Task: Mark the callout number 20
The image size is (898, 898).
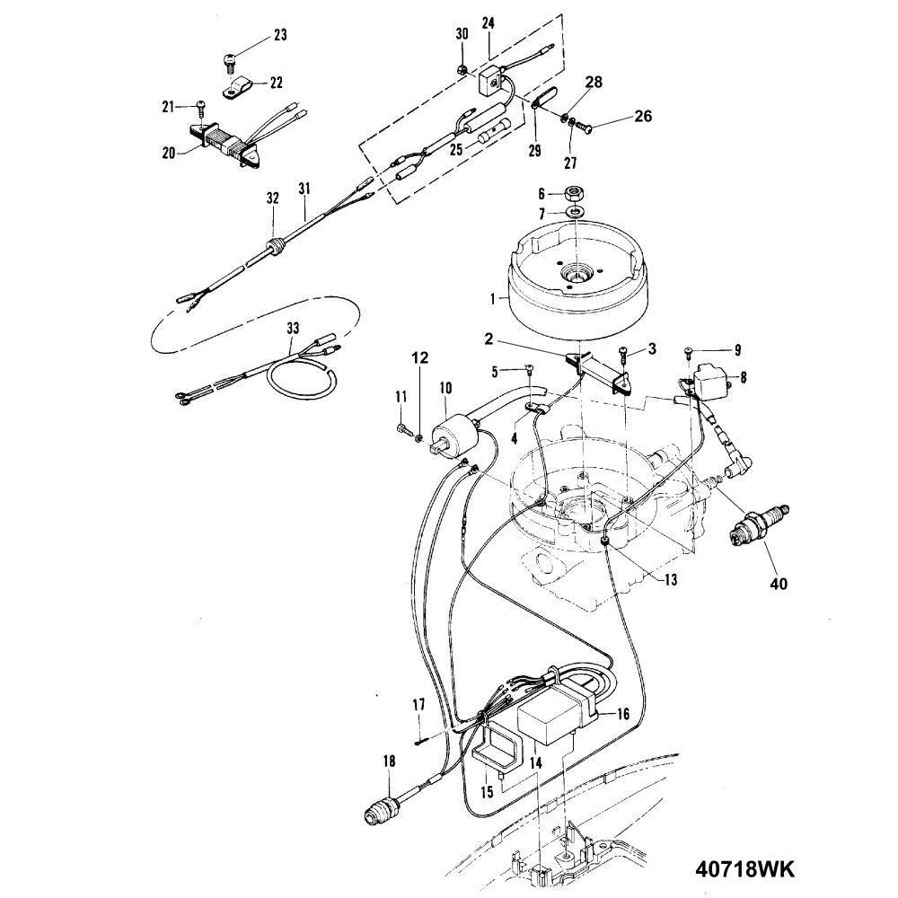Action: click(x=169, y=153)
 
